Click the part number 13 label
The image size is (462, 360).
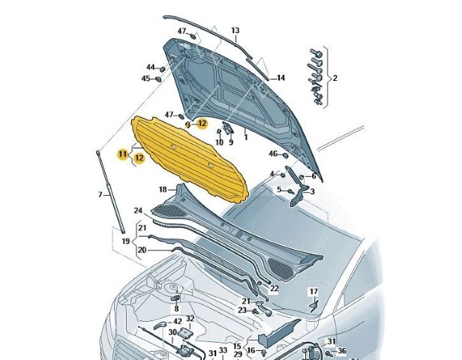coord(235,31)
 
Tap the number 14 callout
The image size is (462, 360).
coord(280,78)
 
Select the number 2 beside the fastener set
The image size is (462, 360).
coord(334,78)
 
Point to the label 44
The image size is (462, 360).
coord(150,67)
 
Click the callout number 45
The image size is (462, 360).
coord(146,78)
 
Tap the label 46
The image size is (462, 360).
coord(273,154)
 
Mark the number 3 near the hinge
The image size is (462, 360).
coord(313,191)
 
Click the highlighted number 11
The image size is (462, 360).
coord(121,153)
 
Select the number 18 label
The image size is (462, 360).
coord(163,190)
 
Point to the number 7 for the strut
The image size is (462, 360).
coord(100,195)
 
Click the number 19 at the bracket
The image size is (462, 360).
coord(126,241)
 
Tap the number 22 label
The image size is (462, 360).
coord(274,289)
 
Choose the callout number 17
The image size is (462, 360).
coord(313,291)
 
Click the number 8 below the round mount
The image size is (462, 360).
coord(176,308)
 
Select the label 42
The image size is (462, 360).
coord(167,321)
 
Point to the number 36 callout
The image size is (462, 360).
coord(342,350)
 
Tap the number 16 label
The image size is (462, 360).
coord(251,350)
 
